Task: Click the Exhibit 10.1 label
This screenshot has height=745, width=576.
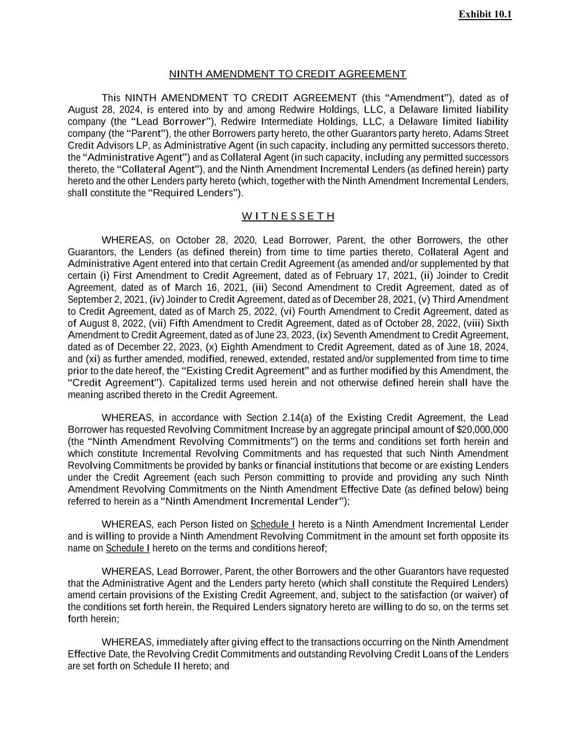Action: (485, 15)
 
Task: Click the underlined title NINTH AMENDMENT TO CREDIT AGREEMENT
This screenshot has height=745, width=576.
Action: (288, 74)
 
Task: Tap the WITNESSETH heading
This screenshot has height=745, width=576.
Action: (288, 217)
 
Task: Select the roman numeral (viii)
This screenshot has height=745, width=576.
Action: (474, 323)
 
